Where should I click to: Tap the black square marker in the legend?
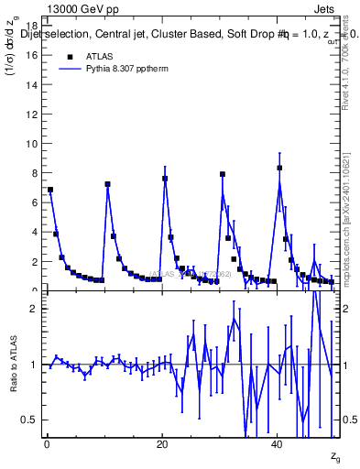[70, 55]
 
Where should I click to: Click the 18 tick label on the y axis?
[33, 26]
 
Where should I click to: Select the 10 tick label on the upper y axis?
[33, 144]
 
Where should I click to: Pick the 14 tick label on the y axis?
[33, 85]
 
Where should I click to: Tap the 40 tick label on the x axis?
[278, 445]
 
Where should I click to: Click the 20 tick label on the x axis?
[162, 445]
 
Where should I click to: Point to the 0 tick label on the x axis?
[47, 445]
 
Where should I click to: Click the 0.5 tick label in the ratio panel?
[31, 420]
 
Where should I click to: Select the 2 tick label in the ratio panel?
[35, 309]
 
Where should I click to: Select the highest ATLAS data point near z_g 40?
[279, 168]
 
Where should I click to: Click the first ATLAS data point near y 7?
[50, 190]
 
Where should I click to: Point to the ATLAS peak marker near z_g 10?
[107, 184]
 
